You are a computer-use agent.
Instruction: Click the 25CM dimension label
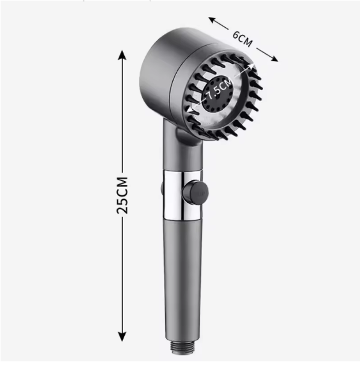(122, 195)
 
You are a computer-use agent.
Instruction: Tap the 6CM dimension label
(242, 39)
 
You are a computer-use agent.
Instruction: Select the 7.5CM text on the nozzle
(219, 90)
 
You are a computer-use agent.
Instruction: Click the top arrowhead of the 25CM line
(122, 55)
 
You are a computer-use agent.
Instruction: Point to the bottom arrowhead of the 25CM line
(122, 336)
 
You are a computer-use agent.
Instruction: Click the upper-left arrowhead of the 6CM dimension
(213, 21)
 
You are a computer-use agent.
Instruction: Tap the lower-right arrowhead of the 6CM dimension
(273, 58)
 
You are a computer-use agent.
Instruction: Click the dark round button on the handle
(195, 192)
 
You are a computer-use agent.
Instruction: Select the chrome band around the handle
(182, 195)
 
